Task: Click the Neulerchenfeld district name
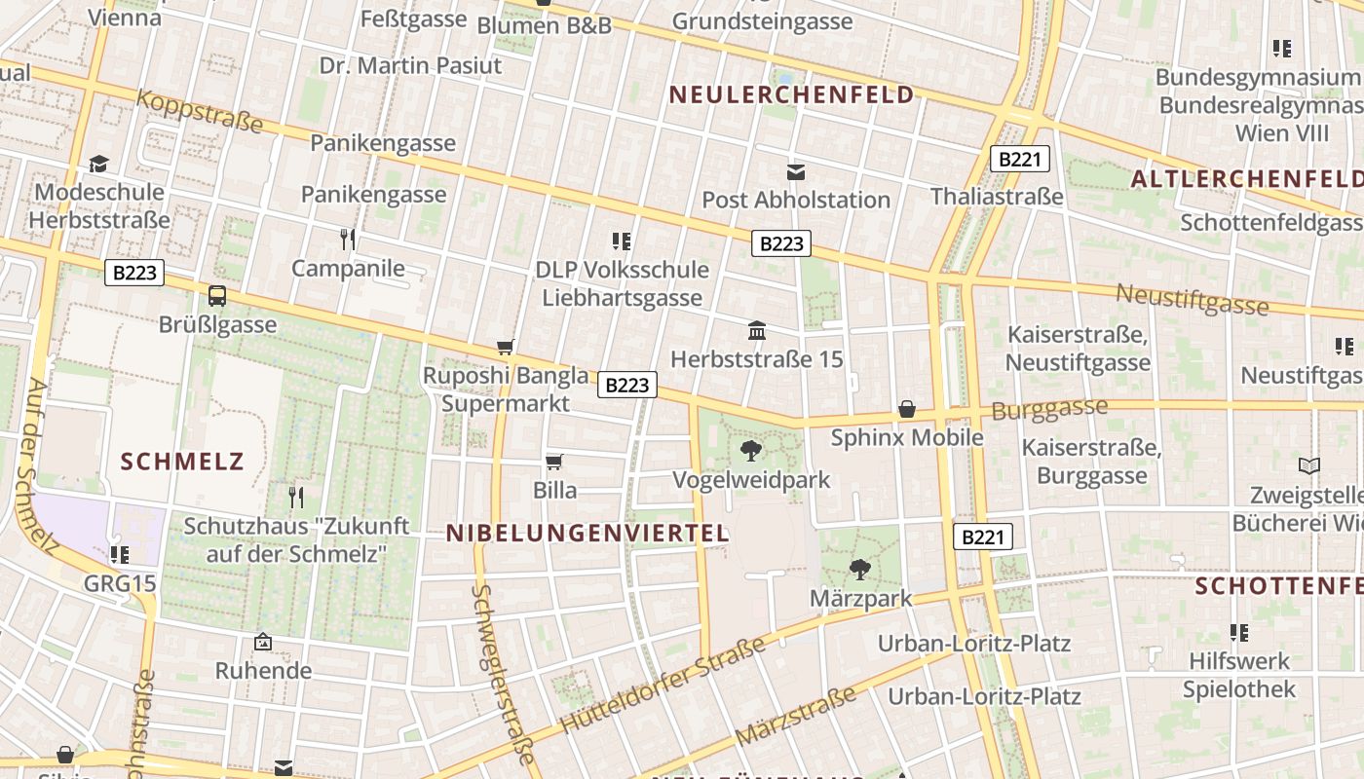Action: point(792,94)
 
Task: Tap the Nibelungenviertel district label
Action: point(587,533)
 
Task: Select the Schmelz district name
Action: point(182,461)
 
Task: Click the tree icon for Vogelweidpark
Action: point(751,450)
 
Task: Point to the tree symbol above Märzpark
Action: point(859,569)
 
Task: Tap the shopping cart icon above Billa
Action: point(554,462)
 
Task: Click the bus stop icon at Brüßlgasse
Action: point(217,295)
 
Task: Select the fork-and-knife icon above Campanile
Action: point(348,239)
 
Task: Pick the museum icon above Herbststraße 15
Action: point(757,331)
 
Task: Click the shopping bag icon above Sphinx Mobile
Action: point(907,409)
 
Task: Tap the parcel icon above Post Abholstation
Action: point(796,171)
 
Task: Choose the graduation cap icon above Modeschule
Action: point(98,163)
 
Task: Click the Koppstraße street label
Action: point(201,110)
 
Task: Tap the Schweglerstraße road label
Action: point(503,673)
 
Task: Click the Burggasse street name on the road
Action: point(1049,409)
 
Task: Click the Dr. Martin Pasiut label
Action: point(410,65)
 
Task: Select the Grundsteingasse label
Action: point(762,20)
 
